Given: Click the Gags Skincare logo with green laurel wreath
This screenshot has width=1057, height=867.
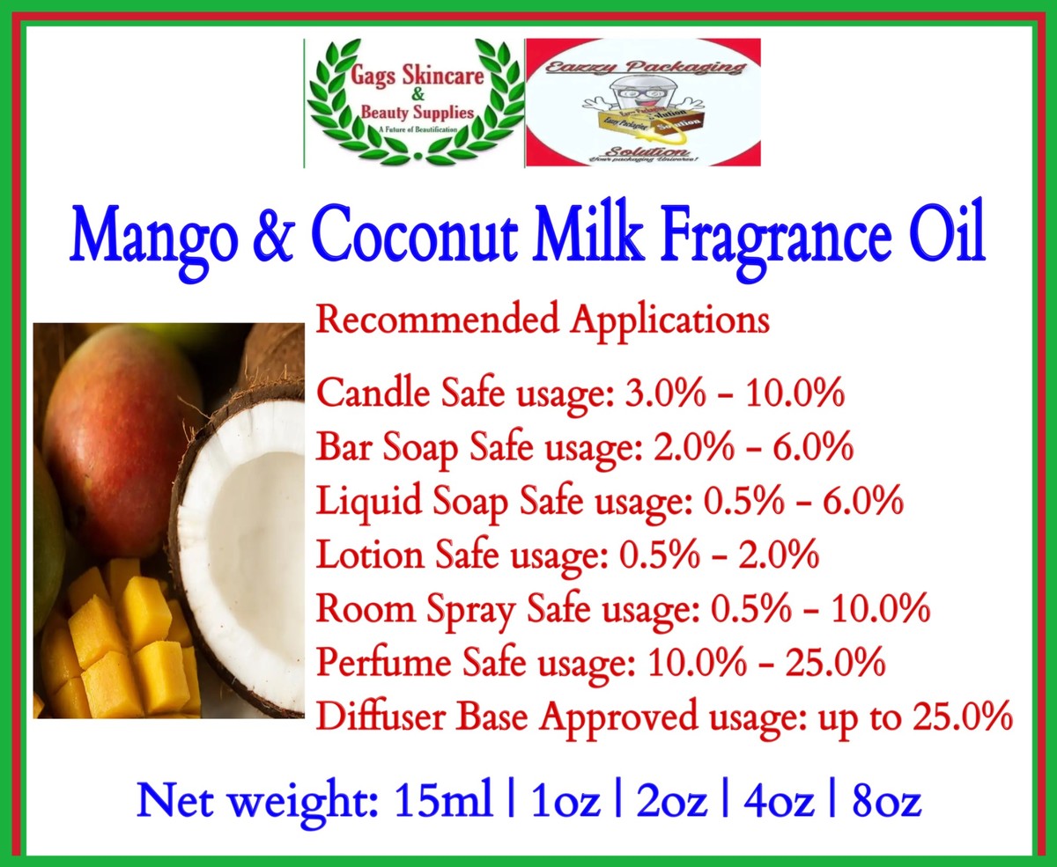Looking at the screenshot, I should [414, 103].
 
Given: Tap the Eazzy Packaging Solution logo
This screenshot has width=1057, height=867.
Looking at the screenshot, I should [642, 103].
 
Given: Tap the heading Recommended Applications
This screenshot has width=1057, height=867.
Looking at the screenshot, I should [543, 319].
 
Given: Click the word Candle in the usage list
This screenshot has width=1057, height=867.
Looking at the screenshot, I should [362, 393].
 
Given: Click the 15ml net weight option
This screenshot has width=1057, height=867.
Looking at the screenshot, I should [443, 802].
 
